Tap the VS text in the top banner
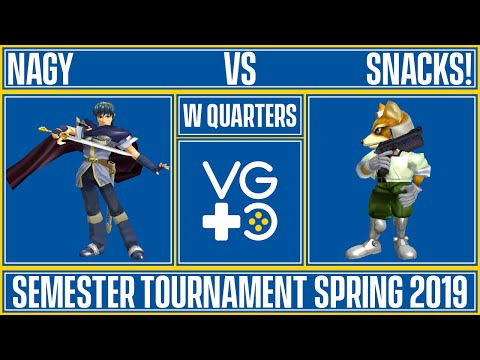tap(240, 70)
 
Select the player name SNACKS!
tap(418, 70)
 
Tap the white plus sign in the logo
tap(221, 214)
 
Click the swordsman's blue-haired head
tap(105, 112)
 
